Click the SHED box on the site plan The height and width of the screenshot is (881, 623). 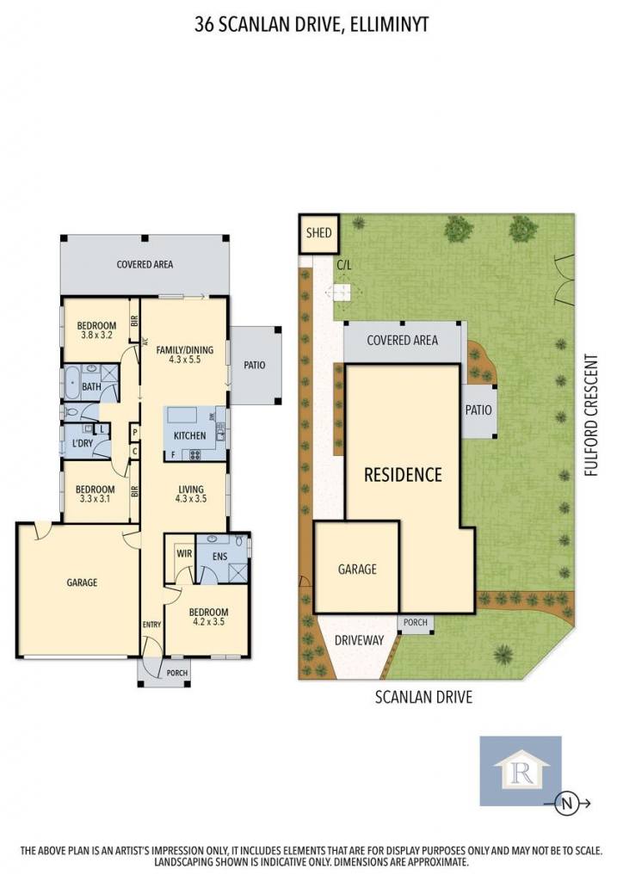(318, 232)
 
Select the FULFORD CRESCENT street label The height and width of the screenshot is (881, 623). (591, 415)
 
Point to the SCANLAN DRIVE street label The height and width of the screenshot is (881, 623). (423, 697)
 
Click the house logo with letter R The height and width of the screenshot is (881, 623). (521, 771)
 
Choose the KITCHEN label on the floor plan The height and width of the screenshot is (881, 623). (190, 435)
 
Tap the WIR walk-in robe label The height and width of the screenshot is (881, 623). (184, 553)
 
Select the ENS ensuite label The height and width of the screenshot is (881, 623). (219, 557)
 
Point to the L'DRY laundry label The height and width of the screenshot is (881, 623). (83, 443)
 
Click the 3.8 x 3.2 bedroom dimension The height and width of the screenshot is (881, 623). (96, 335)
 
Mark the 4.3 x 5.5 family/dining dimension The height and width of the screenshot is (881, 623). (185, 360)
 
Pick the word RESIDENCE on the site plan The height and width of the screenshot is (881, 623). (403, 475)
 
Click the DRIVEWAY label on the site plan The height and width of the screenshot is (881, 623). (359, 640)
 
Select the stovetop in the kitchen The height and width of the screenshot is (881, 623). (195, 455)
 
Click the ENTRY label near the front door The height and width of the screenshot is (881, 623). (151, 625)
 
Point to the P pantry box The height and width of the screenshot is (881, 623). (135, 433)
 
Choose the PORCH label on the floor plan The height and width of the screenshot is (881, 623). (177, 673)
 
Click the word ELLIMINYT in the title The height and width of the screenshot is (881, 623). (389, 25)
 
